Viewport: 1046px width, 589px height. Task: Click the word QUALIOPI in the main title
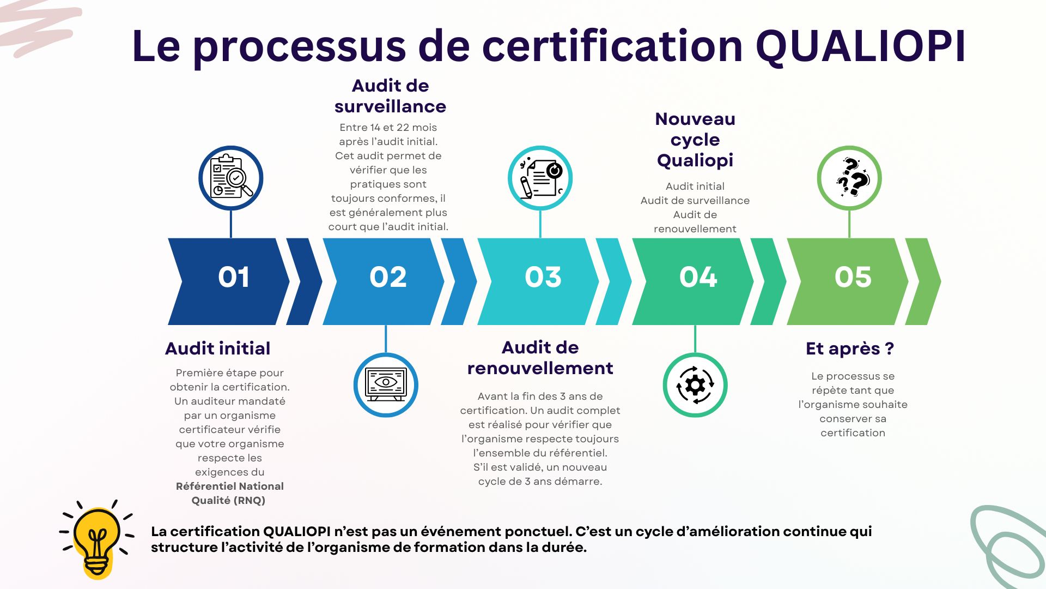(x=861, y=46)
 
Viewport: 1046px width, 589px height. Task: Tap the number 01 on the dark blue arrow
(x=234, y=277)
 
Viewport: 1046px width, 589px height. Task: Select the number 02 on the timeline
(x=388, y=277)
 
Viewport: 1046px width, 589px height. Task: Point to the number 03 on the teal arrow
(x=543, y=277)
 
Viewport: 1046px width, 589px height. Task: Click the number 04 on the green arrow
(x=698, y=277)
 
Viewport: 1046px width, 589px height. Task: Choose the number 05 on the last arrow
(x=853, y=277)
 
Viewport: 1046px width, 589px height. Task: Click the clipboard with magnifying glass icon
(x=231, y=178)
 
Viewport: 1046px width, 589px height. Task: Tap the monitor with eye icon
(x=386, y=385)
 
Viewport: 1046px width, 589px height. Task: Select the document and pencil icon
(x=540, y=178)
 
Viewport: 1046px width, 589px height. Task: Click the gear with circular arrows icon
(x=695, y=385)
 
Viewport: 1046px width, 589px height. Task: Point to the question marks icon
(x=849, y=178)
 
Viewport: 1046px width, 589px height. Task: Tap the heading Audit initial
(x=218, y=348)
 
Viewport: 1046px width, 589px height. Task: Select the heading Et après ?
(x=850, y=348)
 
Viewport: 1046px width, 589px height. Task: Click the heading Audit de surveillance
(x=391, y=96)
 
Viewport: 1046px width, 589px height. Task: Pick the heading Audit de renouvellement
(x=540, y=358)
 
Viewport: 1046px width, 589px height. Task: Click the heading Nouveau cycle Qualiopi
(x=695, y=140)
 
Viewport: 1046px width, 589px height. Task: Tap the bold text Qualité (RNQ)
(x=228, y=501)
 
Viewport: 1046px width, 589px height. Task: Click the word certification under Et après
(x=853, y=433)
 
